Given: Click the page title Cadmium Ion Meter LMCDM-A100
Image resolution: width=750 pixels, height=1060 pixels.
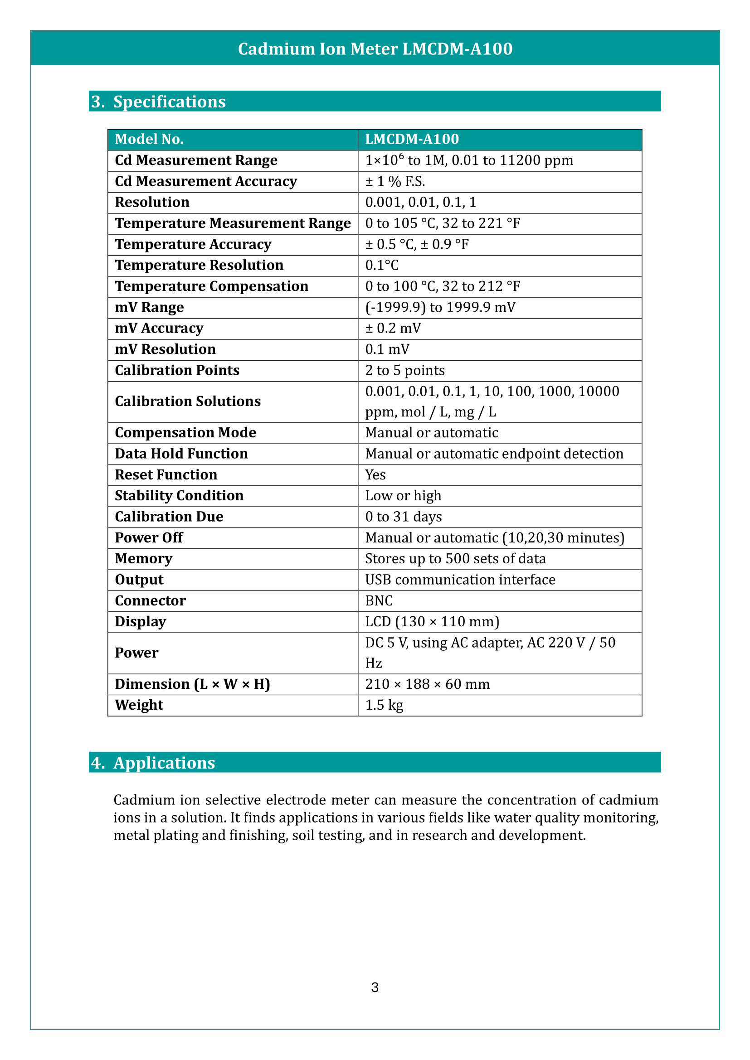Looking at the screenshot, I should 375,49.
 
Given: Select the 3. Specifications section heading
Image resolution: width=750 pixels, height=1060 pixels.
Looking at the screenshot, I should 158,102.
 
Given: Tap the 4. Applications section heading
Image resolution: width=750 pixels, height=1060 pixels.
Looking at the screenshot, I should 153,763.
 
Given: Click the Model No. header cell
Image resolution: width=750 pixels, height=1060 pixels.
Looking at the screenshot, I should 149,140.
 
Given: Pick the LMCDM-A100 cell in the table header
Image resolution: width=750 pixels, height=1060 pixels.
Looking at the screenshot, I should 412,140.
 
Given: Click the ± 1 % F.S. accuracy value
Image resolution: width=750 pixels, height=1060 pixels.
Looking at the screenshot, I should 395,181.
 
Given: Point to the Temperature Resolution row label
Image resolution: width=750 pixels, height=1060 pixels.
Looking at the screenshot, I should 199,266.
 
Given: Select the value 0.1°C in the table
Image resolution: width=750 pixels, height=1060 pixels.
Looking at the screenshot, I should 382,266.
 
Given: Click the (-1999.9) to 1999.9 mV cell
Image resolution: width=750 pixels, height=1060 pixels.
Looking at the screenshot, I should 440,307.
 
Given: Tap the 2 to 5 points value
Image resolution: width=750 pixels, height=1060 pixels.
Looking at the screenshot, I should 404,370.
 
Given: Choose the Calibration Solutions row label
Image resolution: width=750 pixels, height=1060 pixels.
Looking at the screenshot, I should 188,402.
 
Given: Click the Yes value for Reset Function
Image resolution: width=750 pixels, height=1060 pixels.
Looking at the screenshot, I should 375,474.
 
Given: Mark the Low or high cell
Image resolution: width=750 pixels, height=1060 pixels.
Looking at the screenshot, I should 403,496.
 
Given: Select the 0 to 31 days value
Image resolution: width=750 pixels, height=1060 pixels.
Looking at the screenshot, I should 403,517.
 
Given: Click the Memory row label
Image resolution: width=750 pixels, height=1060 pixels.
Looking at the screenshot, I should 144,559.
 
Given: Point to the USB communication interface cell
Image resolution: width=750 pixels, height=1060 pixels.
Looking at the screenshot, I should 460,580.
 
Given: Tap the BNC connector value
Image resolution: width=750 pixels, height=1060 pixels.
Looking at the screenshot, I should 379,600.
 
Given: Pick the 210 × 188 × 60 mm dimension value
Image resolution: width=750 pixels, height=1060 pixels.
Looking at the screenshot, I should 427,684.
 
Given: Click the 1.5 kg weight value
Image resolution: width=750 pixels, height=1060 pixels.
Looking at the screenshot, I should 384,705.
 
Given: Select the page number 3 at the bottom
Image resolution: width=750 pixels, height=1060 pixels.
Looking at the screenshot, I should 375,987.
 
